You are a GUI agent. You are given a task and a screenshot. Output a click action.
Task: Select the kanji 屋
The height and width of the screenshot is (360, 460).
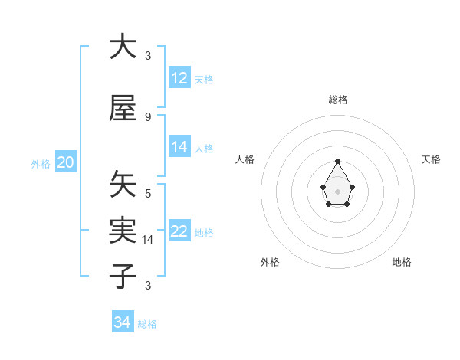tap(123, 108)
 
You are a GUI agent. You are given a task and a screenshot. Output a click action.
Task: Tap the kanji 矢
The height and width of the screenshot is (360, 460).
tap(123, 184)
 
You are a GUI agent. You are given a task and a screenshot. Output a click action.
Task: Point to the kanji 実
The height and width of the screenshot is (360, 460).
tap(123, 230)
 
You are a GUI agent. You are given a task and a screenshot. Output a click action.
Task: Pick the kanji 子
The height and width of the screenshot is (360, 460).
tap(123, 276)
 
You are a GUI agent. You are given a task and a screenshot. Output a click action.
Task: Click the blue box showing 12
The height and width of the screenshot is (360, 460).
tap(179, 77)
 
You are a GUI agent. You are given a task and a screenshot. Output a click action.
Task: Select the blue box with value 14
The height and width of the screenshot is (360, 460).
tap(179, 147)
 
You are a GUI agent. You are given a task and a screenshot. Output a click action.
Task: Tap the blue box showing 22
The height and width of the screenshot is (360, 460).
tap(179, 232)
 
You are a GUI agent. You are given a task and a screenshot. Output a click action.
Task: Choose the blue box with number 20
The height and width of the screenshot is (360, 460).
tap(66, 162)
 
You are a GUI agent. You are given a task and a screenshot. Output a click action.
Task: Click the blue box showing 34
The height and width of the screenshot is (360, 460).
tap(123, 322)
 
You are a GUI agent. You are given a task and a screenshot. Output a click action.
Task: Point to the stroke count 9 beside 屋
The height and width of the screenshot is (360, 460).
tap(147, 116)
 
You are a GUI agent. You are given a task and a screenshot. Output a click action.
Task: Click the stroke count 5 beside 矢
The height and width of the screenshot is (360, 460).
tap(147, 194)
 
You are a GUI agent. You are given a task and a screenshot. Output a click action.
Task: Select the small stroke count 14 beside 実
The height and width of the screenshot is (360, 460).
tap(148, 240)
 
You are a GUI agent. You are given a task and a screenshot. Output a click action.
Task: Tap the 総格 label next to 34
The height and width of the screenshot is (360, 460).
tap(147, 324)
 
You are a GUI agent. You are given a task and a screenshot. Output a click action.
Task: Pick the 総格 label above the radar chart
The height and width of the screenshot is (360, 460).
tap(337, 100)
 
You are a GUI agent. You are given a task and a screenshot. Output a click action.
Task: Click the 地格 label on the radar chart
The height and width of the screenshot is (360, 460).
tap(402, 262)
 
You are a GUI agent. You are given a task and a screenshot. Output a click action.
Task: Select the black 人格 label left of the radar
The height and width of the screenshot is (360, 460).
tap(245, 159)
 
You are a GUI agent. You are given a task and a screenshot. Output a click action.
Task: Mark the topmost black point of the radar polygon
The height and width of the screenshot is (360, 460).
tap(337, 161)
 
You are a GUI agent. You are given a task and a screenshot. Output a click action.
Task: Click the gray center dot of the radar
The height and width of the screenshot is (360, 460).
tap(337, 190)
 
